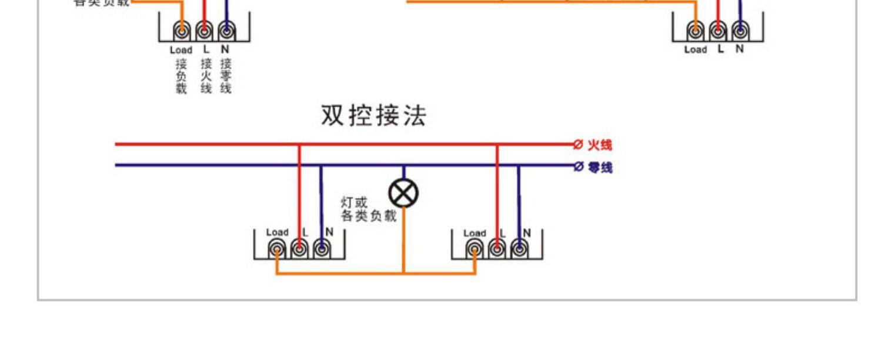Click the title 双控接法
coord(373,116)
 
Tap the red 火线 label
coord(600,145)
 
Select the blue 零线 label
coord(600,168)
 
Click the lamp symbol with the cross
coord(404,193)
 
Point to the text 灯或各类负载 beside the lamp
coord(369,210)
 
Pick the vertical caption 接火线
coord(205,75)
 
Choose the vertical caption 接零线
coord(226,75)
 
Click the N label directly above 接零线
coord(225,49)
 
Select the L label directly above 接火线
coord(206,49)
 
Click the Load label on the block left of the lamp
coord(277,232)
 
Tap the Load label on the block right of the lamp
coord(475,233)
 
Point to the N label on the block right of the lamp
coord(527,232)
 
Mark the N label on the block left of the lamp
coord(329,232)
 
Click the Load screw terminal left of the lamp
coord(276,250)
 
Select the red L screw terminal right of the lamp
coord(497,250)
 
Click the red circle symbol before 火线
coord(577,145)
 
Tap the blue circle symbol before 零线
coord(577,167)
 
